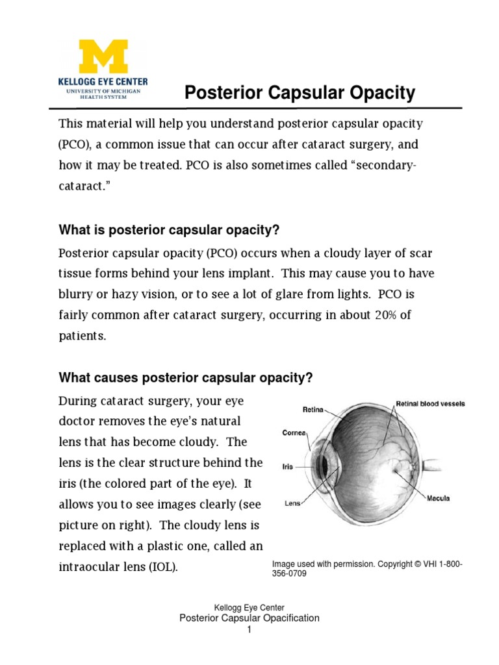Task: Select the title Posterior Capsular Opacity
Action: (300, 94)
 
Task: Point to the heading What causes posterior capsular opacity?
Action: (186, 377)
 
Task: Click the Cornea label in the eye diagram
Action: (294, 432)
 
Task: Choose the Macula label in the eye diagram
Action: (438, 499)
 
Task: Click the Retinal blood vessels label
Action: (430, 403)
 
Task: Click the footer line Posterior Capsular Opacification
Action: (249, 618)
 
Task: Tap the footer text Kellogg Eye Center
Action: (249, 608)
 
